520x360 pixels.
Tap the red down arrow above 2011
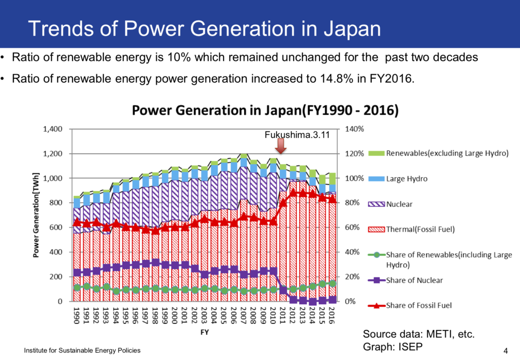click(281, 147)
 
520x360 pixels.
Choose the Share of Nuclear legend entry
click(414, 280)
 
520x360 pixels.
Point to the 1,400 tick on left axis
click(53, 129)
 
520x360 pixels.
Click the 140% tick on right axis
click(354, 129)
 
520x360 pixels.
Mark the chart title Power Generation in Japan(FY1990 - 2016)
click(265, 110)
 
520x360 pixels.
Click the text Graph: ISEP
click(394, 347)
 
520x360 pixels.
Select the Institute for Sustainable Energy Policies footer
click(82, 350)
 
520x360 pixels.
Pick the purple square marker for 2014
click(312, 302)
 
